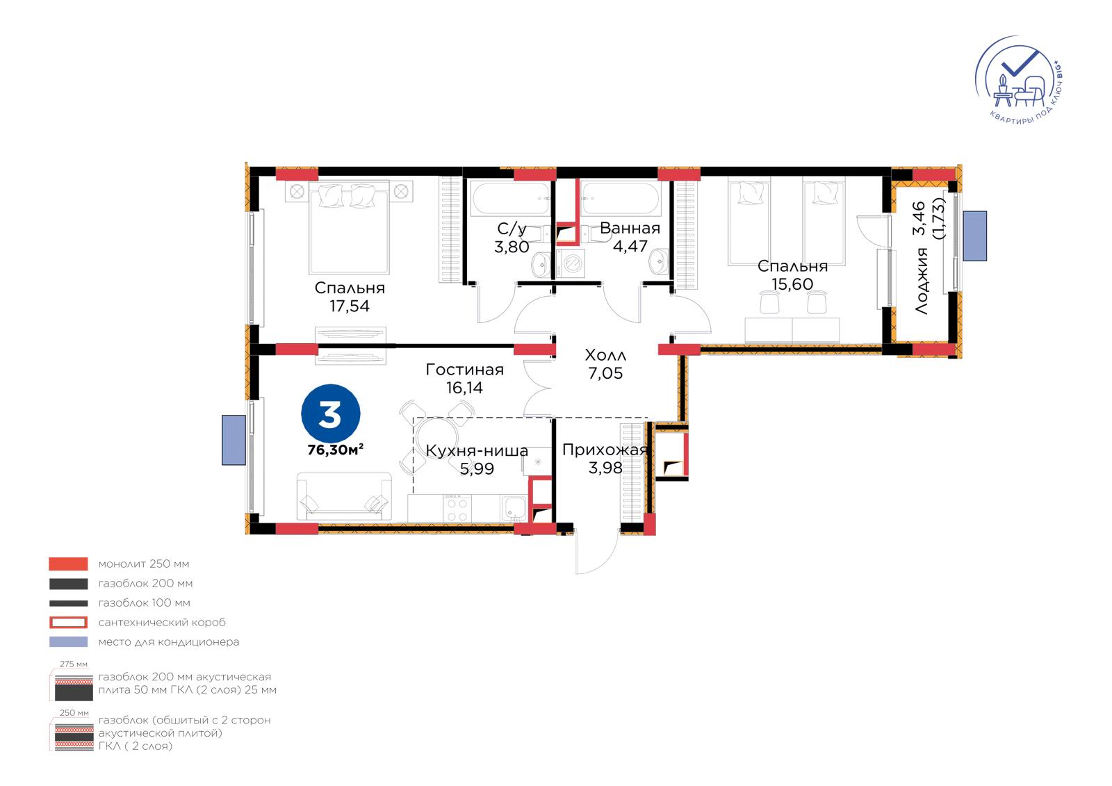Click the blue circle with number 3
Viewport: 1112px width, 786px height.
click(331, 413)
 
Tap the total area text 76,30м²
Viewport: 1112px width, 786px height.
click(336, 450)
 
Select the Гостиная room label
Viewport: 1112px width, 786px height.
click(465, 370)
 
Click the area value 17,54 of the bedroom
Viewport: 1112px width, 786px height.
click(350, 306)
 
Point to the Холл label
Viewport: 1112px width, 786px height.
click(605, 355)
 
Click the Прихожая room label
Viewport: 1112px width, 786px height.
click(605, 450)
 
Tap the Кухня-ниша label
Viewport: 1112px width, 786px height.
click(477, 451)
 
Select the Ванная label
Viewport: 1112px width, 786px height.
click(630, 229)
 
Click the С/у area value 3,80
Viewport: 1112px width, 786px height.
click(512, 247)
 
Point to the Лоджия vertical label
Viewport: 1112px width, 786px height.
click(922, 281)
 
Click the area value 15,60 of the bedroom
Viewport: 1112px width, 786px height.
click(792, 284)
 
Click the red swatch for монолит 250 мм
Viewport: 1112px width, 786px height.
click(69, 564)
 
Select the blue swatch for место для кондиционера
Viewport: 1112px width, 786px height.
click(69, 642)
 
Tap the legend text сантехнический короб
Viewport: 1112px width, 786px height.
click(162, 622)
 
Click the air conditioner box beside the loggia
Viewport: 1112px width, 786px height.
click(974, 236)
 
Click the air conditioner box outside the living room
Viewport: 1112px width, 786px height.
click(234, 440)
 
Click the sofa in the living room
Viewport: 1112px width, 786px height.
click(345, 496)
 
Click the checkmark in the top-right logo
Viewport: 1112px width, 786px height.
click(1019, 63)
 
